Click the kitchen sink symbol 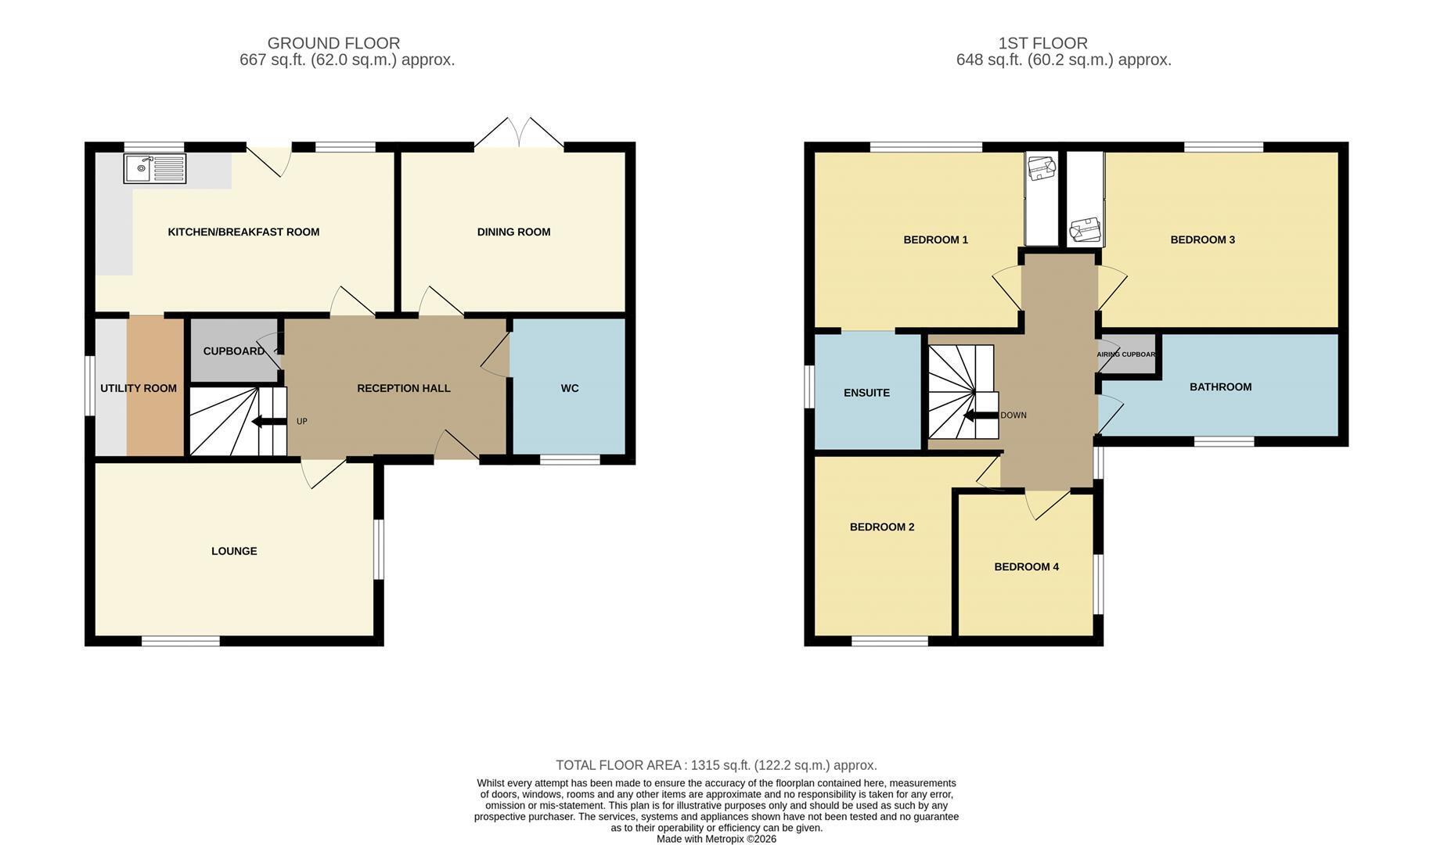coord(155,168)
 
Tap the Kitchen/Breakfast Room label coord(243,232)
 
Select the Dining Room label coord(513,232)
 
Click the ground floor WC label coord(570,388)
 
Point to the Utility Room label coord(139,388)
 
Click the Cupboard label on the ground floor coord(234,351)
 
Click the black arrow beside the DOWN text coord(981,415)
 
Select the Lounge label coord(234,551)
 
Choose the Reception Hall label coord(404,388)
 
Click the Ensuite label coord(866,393)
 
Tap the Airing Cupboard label coord(1126,354)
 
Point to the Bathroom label coord(1220,387)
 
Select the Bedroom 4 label coord(1026,566)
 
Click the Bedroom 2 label coord(882,527)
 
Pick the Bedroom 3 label coord(1202,239)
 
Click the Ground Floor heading coord(333,43)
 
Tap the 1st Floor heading coord(1042,43)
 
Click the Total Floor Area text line coord(716,765)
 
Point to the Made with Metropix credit coord(716,839)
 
